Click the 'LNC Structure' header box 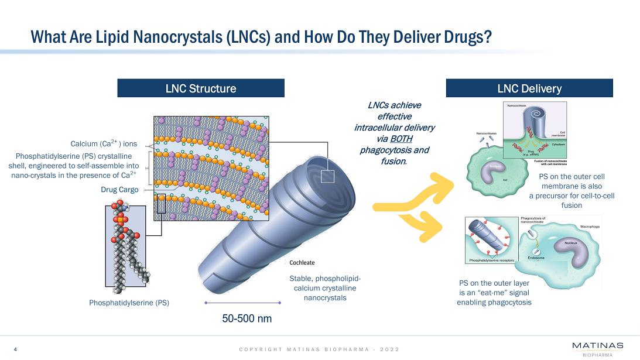point(201,88)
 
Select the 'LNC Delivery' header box point(529,88)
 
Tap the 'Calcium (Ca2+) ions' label point(104,143)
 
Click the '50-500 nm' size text point(247,319)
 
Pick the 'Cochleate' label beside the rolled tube point(302,263)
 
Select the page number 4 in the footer point(15,349)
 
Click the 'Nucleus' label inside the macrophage point(571,242)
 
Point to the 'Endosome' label point(536,258)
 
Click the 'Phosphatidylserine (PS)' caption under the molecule point(129,303)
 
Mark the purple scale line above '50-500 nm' point(243,303)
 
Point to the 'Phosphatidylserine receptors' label point(489,260)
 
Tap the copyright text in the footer point(319,349)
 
